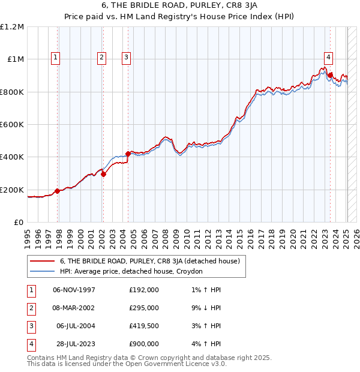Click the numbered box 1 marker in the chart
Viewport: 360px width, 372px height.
[x=55, y=58]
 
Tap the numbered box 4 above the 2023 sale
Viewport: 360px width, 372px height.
[x=329, y=58]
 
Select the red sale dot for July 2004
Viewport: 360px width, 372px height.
[x=128, y=154]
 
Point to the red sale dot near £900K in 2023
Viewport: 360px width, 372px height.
[x=331, y=75]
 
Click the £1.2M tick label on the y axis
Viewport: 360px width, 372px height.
[x=12, y=27]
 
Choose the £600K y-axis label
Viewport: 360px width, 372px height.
[x=12, y=125]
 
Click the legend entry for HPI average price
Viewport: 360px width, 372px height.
[x=131, y=271]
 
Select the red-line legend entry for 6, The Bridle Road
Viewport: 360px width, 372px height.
[x=149, y=261]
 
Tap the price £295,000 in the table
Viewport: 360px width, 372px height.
[x=143, y=308]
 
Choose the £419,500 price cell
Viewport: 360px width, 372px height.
[x=143, y=326]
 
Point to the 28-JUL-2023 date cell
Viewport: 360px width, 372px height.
[x=74, y=344]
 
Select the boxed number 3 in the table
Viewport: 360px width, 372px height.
[x=31, y=326]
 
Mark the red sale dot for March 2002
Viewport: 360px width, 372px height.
[x=103, y=175]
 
